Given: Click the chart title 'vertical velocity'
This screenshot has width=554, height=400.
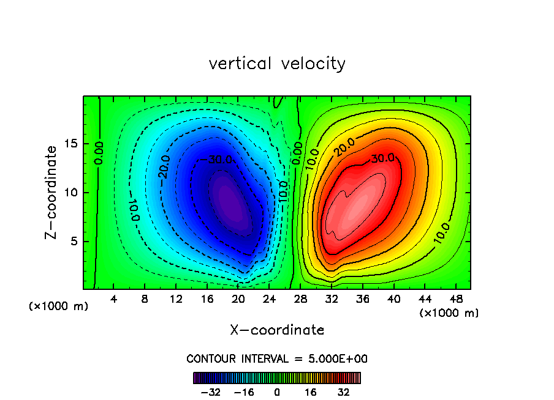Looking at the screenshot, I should (277, 64).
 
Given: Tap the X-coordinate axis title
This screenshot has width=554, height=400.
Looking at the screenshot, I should (277, 330).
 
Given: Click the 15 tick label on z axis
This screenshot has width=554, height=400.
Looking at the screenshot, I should (71, 144).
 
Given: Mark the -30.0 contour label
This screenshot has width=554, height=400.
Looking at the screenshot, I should (202, 160).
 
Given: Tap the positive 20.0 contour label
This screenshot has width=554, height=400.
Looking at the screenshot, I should (344, 147).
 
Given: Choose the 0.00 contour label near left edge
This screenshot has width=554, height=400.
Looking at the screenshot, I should (99, 153).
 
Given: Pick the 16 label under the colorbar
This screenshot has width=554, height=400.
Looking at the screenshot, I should (311, 392).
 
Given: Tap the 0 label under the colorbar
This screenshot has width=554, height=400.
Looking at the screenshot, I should (277, 392).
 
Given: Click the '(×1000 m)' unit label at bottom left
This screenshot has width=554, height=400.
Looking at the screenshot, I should (59, 306).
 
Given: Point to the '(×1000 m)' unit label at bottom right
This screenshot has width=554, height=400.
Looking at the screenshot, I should (449, 313).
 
